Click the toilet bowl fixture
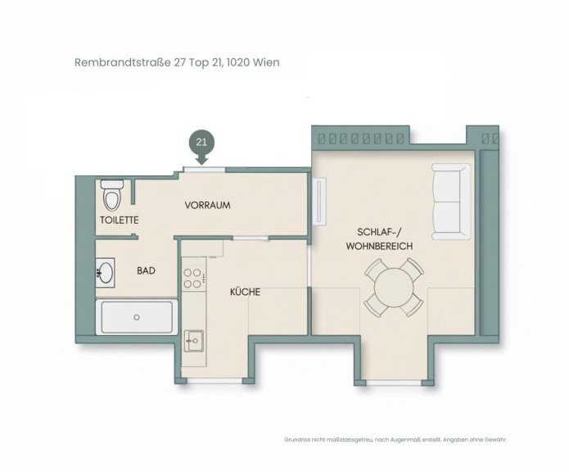click(112, 195)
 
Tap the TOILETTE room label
click(120, 220)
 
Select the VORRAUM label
click(208, 205)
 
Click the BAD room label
click(147, 270)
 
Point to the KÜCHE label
click(246, 292)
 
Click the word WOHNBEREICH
click(379, 246)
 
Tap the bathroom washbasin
click(106, 273)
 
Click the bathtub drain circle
click(137, 317)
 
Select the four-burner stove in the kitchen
click(192, 278)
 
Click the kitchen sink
click(194, 341)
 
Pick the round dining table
click(394, 287)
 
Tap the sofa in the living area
click(451, 202)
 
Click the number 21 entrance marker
click(201, 142)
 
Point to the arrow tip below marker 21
click(201, 164)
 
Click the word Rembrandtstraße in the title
click(123, 62)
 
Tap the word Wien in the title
click(266, 62)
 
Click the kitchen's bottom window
click(215, 380)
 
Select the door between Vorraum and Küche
click(251, 238)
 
